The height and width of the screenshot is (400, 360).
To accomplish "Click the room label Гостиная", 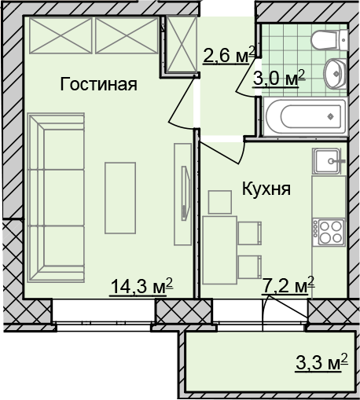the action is click(98, 84).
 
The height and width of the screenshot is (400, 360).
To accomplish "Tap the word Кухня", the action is click(266, 189).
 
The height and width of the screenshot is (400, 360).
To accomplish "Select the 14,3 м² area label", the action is click(141, 287).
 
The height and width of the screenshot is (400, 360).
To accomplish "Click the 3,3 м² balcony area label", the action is click(321, 362).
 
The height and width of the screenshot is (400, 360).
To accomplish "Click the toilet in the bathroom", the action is click(329, 40).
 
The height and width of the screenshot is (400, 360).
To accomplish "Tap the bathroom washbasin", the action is click(336, 74).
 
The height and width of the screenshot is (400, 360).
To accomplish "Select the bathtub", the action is click(306, 116).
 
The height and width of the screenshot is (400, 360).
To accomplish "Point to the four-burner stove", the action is click(329, 233).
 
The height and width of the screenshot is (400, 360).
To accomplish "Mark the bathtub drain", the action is click(331, 116).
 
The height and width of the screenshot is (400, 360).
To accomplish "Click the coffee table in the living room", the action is click(120, 198).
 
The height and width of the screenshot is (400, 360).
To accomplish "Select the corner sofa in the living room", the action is click(56, 198).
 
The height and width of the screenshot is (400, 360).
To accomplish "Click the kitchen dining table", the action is click(220, 250).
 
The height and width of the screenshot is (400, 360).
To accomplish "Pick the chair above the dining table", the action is click(220, 202).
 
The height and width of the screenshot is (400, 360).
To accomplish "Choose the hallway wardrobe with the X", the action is click(182, 44).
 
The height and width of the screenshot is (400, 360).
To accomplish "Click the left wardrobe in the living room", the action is click(61, 35).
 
